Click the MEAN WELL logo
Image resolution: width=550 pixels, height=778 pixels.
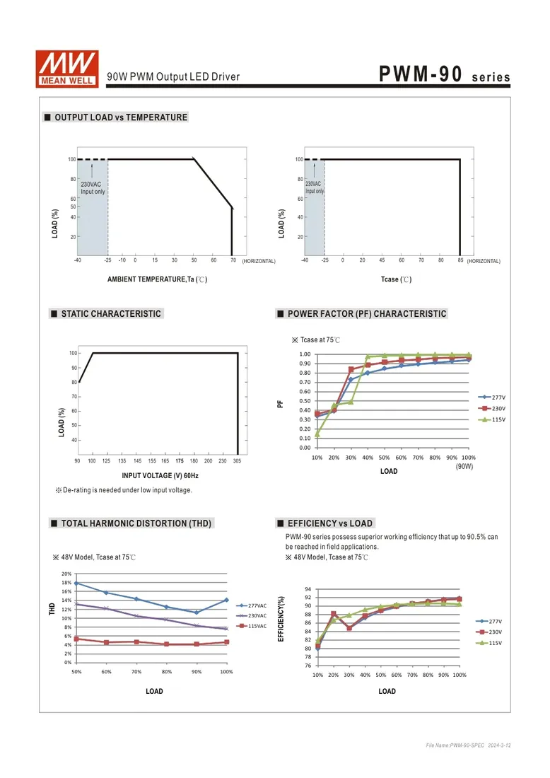click(67, 69)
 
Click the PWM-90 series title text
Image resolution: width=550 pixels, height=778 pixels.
click(445, 74)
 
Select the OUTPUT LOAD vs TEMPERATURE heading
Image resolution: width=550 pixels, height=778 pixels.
click(116, 117)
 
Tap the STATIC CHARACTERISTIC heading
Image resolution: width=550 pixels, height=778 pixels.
click(106, 313)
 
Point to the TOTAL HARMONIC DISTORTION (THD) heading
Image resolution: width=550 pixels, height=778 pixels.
click(131, 523)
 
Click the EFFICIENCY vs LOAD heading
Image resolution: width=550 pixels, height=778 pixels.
click(324, 523)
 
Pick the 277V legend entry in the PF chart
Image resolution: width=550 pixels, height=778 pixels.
click(492, 397)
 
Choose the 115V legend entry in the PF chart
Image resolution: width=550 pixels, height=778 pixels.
click(492, 419)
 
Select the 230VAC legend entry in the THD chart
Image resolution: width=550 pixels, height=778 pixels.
click(252, 616)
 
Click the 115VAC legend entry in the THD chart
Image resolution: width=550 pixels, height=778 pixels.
click(252, 626)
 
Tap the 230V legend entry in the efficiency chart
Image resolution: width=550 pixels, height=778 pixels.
click(489, 632)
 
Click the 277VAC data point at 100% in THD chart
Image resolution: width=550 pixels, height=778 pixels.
click(227, 600)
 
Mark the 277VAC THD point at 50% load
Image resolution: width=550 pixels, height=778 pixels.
click(76, 583)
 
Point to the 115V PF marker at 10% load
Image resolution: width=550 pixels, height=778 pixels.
click(317, 434)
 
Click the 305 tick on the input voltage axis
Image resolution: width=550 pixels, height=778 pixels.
click(237, 461)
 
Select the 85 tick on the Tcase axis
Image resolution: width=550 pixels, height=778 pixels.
click(460, 260)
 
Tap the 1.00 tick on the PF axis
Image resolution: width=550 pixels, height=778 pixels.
click(305, 354)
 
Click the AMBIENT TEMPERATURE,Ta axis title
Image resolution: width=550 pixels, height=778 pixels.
click(157, 279)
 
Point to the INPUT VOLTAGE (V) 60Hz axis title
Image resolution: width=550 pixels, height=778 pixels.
click(160, 475)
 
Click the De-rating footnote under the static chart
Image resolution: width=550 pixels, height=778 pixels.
click(124, 490)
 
